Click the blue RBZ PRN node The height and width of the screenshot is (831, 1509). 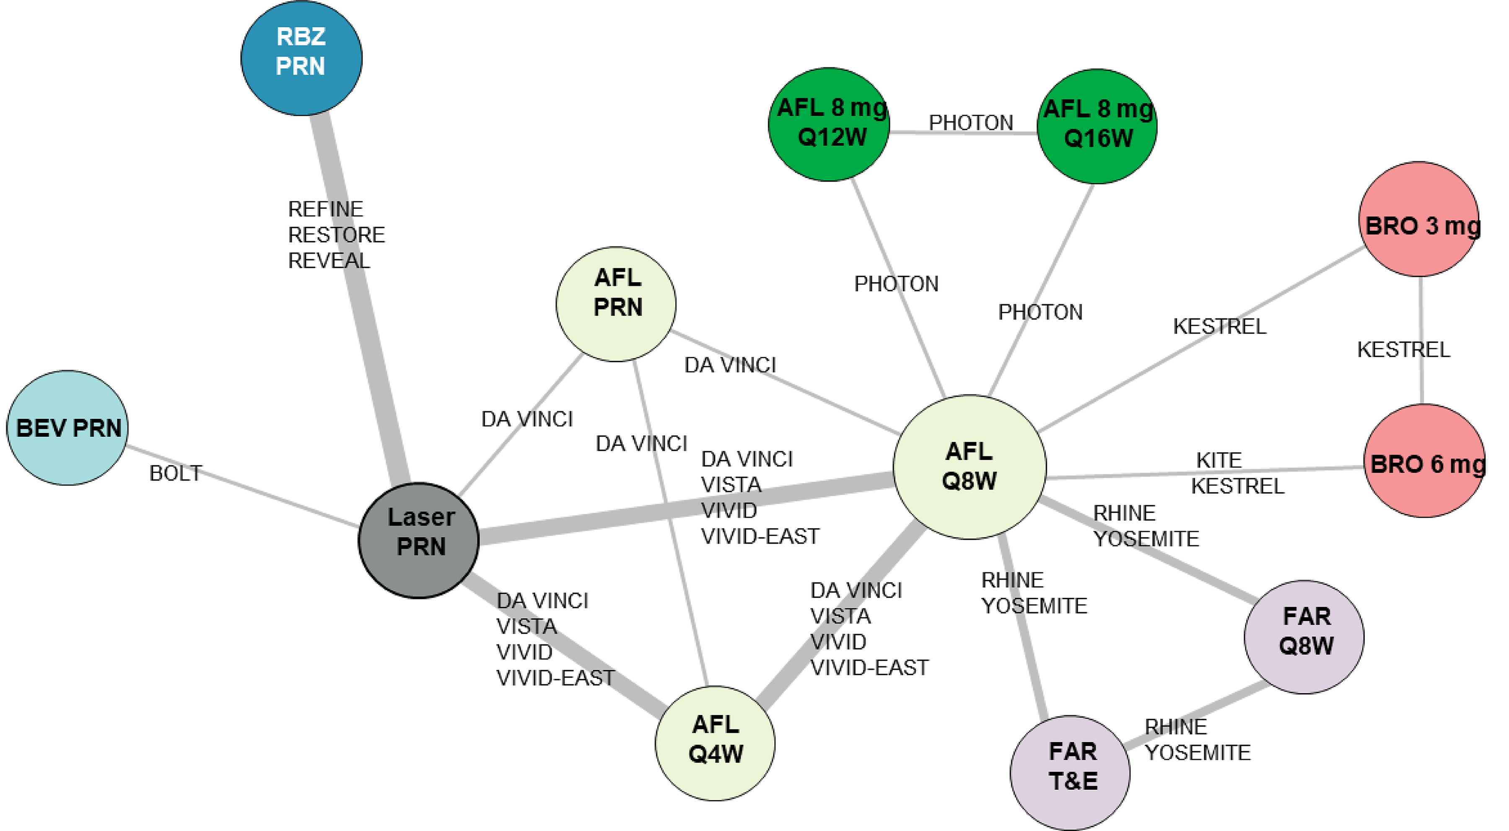301,57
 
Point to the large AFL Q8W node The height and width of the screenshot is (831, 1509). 970,467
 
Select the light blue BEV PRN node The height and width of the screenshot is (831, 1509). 68,428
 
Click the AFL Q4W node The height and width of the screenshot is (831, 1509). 715,743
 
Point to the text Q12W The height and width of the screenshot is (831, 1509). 832,138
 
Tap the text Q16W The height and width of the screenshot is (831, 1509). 1098,139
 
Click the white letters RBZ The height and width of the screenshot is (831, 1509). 301,37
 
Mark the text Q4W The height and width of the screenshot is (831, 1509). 716,754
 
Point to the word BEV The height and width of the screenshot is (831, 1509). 41,428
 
